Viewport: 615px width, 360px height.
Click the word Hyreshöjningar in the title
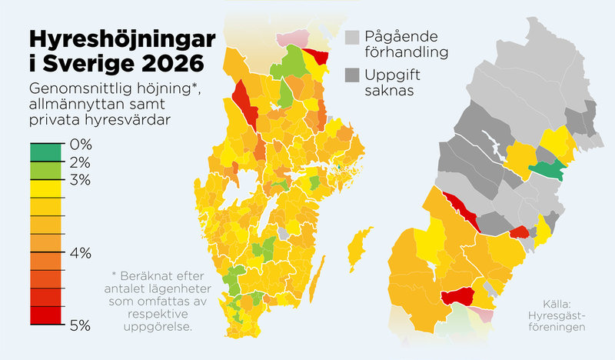(x=121, y=39)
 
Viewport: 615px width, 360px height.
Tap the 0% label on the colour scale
(x=80, y=145)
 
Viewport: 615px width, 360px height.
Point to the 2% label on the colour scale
(x=80, y=162)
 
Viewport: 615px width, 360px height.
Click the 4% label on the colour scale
(x=80, y=252)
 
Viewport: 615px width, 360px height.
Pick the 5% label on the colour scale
(x=80, y=325)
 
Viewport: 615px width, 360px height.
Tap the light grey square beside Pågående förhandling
(x=353, y=36)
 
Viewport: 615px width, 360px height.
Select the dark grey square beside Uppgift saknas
(x=353, y=75)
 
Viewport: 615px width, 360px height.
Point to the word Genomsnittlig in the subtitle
(x=75, y=87)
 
